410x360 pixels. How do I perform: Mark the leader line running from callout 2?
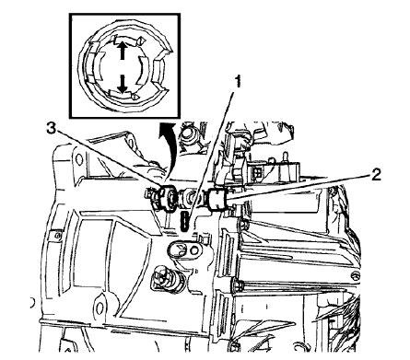click(x=295, y=187)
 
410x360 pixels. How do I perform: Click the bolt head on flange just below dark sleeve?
click(x=241, y=219)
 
